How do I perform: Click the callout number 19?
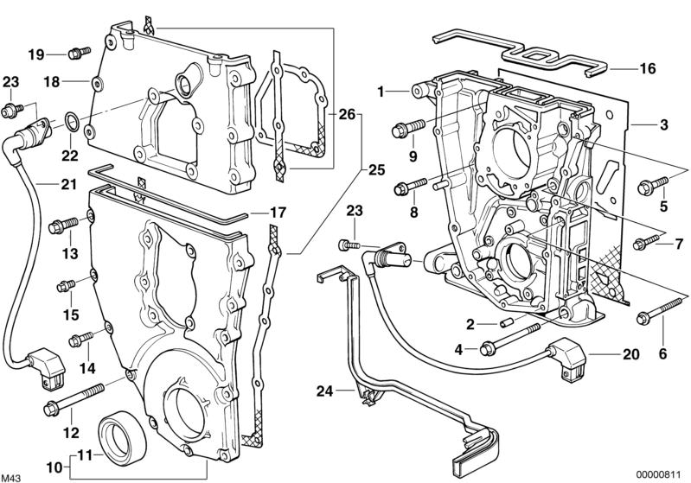click(x=35, y=54)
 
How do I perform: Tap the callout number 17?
click(x=274, y=212)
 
